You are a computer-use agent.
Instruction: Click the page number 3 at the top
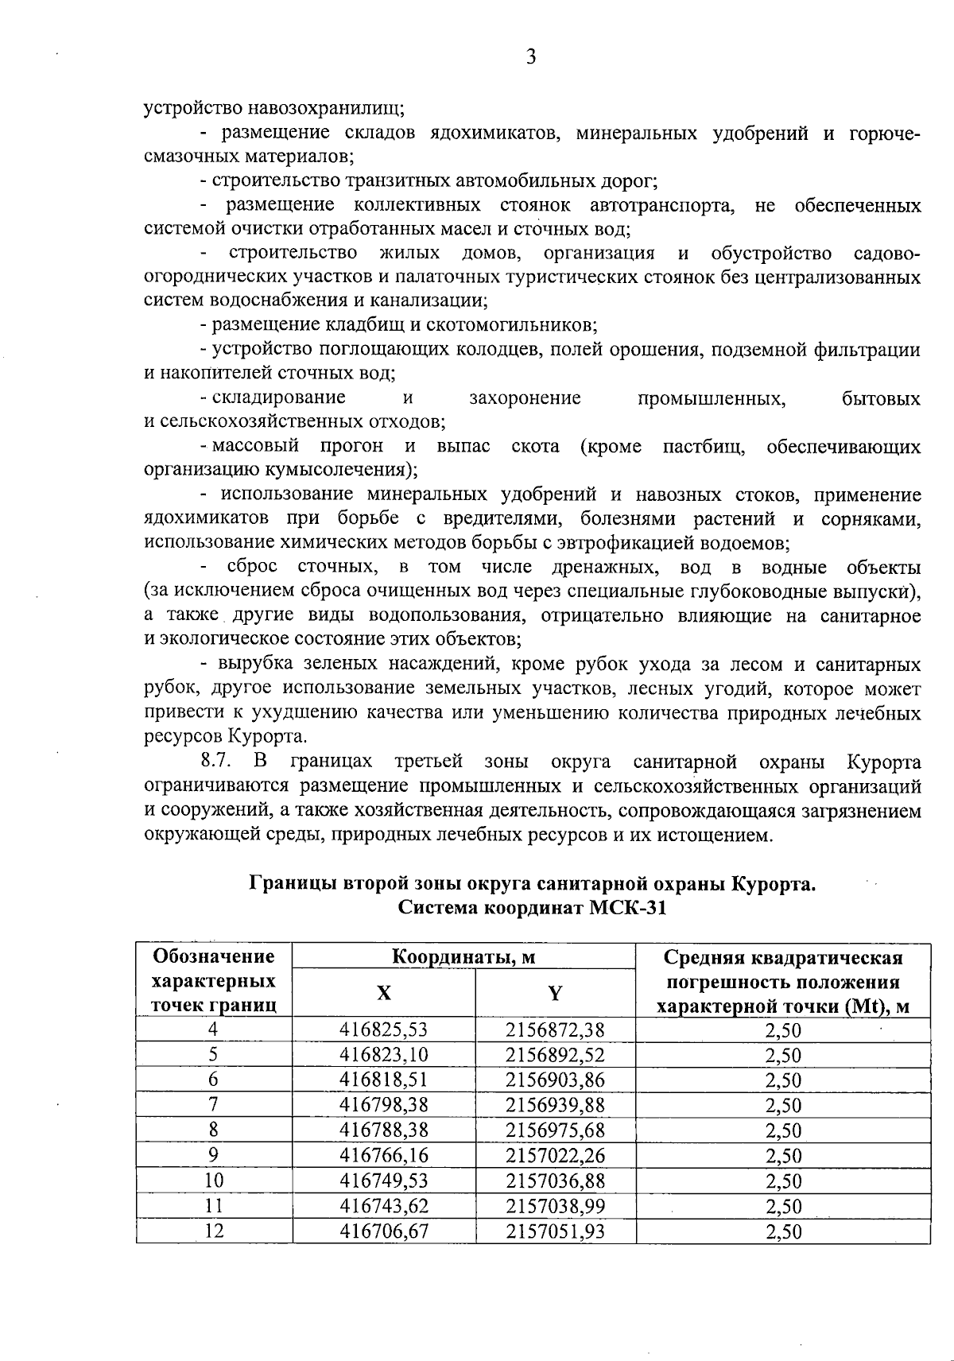[x=531, y=56]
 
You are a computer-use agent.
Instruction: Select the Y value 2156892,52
[x=555, y=1055]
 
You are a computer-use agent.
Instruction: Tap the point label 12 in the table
[x=214, y=1231]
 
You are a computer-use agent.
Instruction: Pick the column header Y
[x=555, y=993]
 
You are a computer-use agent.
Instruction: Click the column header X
[x=384, y=993]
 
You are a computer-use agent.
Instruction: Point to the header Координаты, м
[x=464, y=957]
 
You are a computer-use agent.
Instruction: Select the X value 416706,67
[x=384, y=1231]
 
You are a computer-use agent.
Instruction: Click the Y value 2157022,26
[x=555, y=1155]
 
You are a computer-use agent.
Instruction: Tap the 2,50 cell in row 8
[x=783, y=1130]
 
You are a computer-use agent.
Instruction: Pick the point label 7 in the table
[x=214, y=1105]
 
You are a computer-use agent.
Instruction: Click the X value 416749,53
[x=384, y=1181]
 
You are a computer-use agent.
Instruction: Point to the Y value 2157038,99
[x=555, y=1206]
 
